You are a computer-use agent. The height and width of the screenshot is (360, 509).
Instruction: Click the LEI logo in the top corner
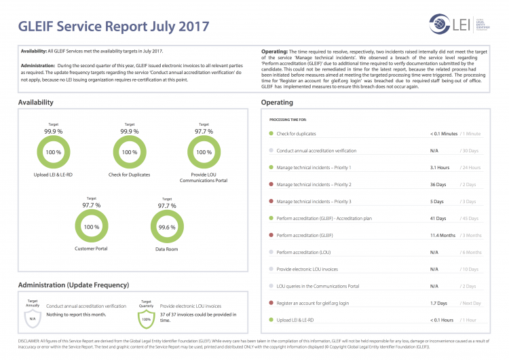coord(454,26)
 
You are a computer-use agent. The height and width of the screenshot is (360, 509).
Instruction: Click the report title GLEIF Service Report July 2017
coord(114,27)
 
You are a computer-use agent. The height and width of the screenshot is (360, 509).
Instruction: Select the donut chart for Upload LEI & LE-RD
coord(54,152)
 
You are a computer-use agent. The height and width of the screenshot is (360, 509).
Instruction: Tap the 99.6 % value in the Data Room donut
coord(166,227)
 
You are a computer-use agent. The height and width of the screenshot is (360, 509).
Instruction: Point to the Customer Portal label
coord(91,249)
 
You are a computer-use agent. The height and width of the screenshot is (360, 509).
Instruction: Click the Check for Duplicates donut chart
coord(130,152)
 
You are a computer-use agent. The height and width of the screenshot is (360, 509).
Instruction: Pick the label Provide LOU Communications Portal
coord(204,178)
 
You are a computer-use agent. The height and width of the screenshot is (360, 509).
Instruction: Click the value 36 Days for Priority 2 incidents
coord(438,184)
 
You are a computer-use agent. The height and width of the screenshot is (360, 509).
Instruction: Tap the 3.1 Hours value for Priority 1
coord(440,167)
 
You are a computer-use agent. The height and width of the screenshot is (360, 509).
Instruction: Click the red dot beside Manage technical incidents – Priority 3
coord(271,201)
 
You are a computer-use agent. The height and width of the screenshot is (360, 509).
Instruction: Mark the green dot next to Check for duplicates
coord(271,133)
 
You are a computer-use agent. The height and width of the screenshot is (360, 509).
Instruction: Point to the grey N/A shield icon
coord(32,317)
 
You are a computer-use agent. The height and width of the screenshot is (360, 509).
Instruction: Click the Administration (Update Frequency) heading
coord(73,285)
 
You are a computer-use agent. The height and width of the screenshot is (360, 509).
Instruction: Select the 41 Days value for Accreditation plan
coord(438,218)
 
